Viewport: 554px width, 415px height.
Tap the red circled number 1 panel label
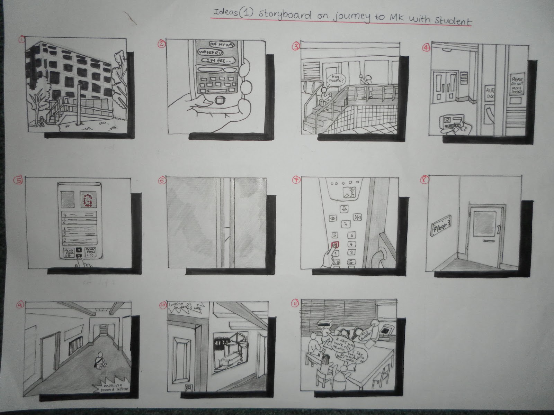22,40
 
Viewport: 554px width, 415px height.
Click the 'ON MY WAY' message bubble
220,45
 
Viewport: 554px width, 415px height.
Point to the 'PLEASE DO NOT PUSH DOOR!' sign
518,84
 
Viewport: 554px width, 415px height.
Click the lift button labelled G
351,262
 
